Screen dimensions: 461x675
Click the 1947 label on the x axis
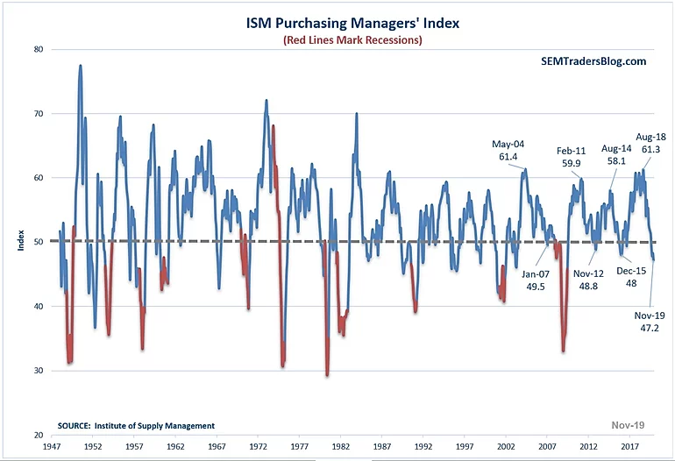53,447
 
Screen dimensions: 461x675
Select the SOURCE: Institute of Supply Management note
136,426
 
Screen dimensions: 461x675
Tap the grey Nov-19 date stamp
628,426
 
